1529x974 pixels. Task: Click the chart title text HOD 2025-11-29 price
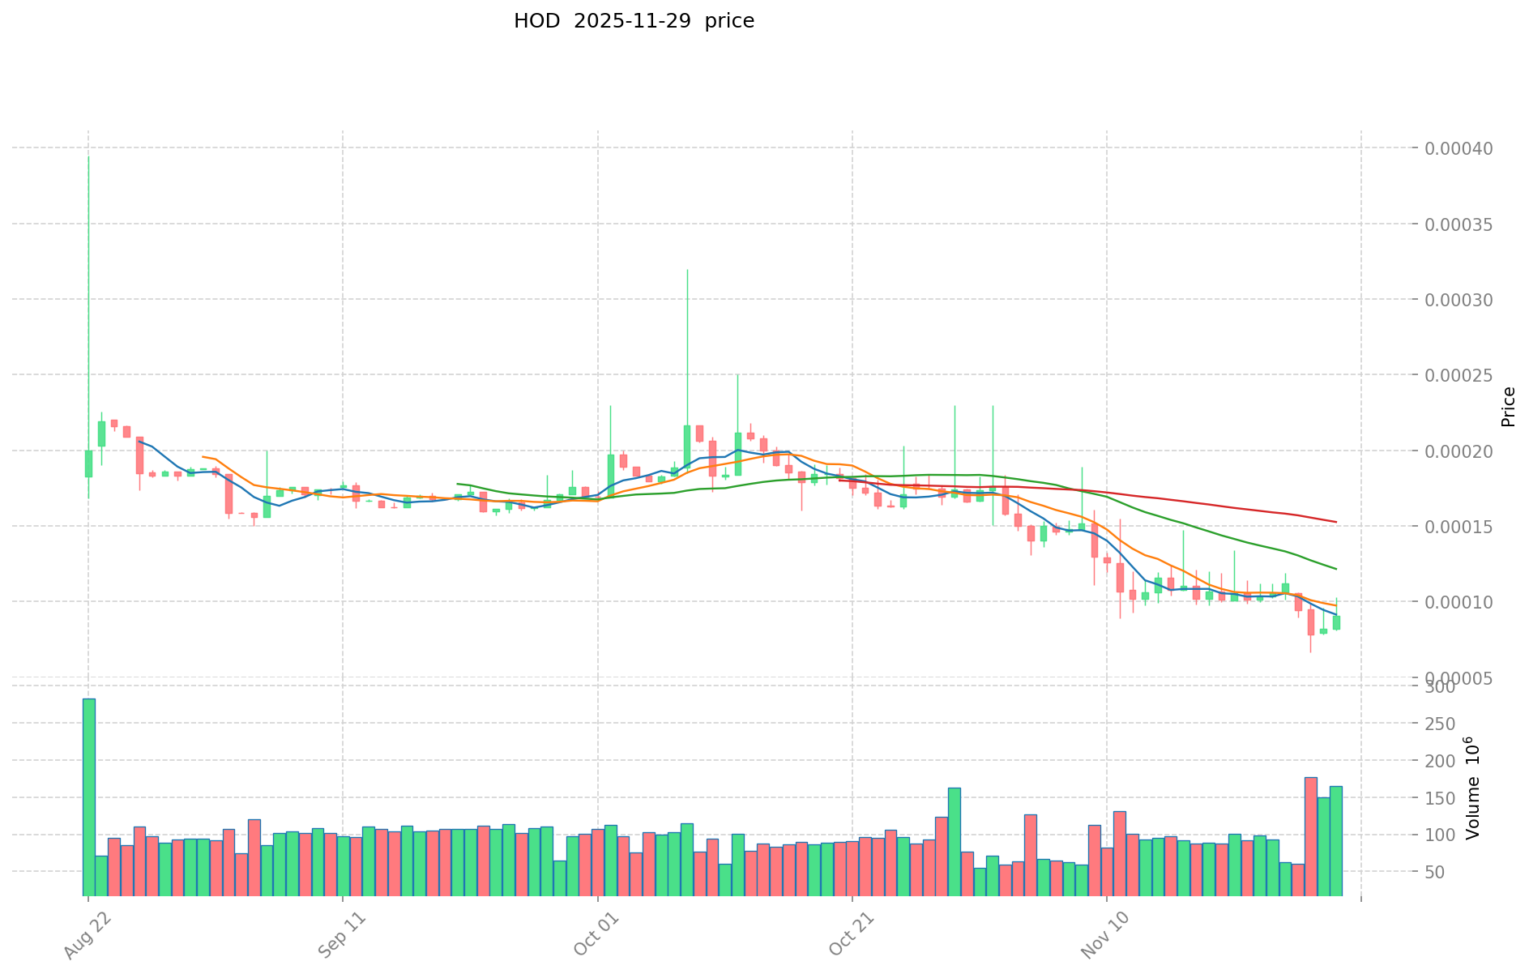[634, 21]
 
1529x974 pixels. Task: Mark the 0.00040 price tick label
[1459, 149]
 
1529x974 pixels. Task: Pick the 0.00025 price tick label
[1459, 376]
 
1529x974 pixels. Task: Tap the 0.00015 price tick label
[1459, 528]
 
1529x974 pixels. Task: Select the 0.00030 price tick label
[1459, 301]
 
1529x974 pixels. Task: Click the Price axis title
[1508, 407]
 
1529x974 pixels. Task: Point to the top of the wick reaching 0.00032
[687, 270]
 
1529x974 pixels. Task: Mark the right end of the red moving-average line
[1335, 522]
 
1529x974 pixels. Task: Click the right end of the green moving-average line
[1335, 569]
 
